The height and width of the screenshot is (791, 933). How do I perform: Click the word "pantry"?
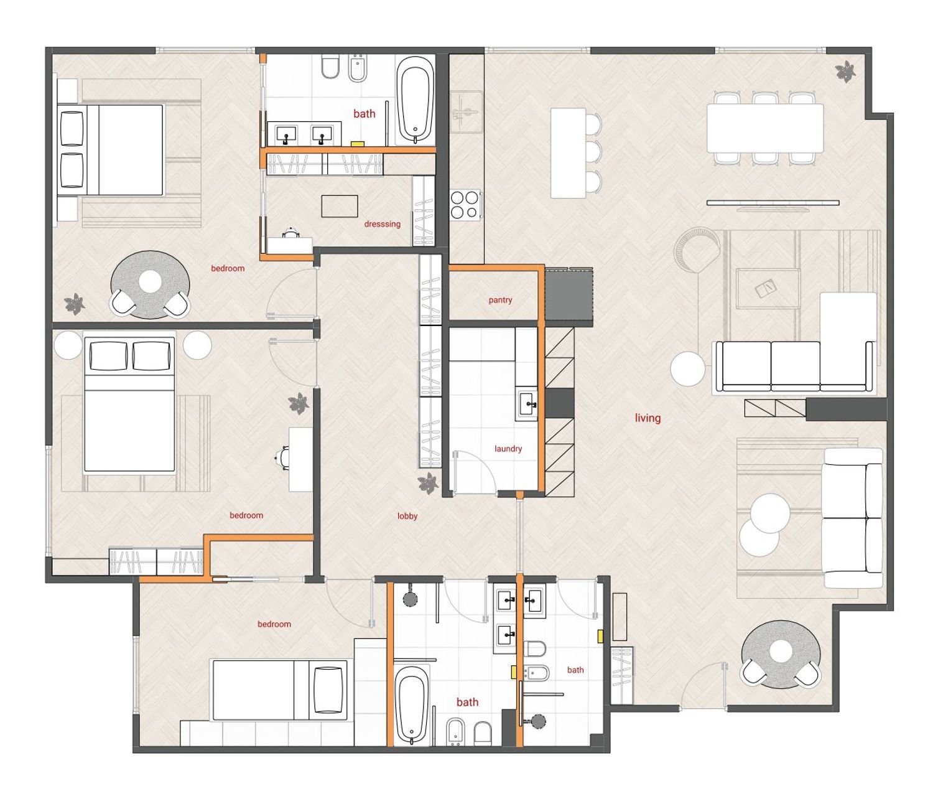500,300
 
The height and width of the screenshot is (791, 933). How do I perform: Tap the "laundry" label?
508,449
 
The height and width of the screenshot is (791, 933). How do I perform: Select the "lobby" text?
407,516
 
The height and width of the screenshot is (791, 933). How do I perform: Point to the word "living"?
648,418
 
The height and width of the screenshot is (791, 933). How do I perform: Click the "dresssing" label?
383,224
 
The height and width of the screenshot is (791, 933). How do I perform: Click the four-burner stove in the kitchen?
465,205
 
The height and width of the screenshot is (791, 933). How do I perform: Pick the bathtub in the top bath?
415,100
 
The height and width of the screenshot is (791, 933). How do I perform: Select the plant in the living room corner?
845,72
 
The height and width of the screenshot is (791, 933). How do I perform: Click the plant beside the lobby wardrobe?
428,484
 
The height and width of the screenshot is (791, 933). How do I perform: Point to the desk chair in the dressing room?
291,232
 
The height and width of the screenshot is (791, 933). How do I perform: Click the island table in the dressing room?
340,206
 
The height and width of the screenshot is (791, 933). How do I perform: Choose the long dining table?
765,128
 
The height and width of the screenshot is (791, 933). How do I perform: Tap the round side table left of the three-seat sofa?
687,369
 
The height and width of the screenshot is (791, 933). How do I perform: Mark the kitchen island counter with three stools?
569,153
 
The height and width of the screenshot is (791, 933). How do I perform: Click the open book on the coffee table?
764,288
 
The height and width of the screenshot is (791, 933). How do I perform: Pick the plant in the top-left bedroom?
75,304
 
